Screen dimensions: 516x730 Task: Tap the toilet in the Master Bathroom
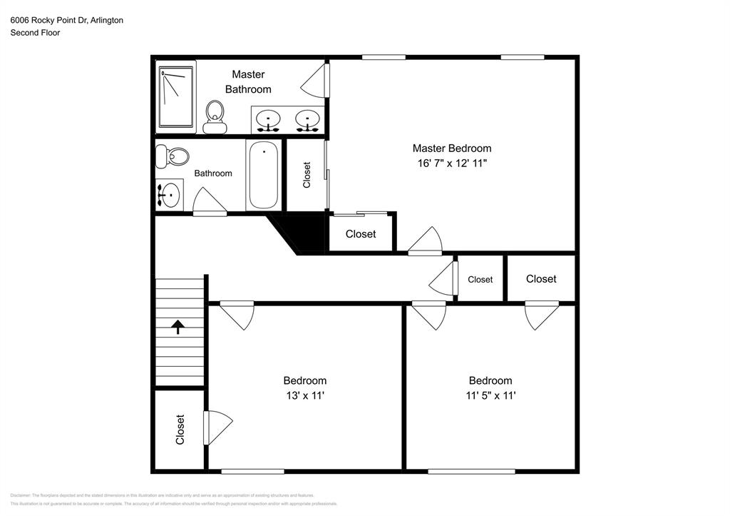(215, 117)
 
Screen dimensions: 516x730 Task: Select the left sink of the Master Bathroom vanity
(268, 120)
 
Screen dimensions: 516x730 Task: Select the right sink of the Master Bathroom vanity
(308, 120)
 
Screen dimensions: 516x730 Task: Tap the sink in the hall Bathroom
(169, 195)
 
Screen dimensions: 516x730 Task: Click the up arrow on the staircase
(178, 327)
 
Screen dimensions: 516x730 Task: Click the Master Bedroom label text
(451, 148)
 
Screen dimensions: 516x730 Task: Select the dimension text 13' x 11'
(304, 395)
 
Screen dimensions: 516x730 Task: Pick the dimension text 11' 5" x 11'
(490, 395)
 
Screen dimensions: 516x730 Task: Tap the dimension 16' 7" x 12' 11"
(451, 163)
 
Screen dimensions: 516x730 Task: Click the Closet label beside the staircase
(180, 430)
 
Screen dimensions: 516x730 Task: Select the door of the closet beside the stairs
(217, 428)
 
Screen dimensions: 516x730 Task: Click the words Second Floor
(35, 33)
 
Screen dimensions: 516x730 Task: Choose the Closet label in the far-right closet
(540, 279)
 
